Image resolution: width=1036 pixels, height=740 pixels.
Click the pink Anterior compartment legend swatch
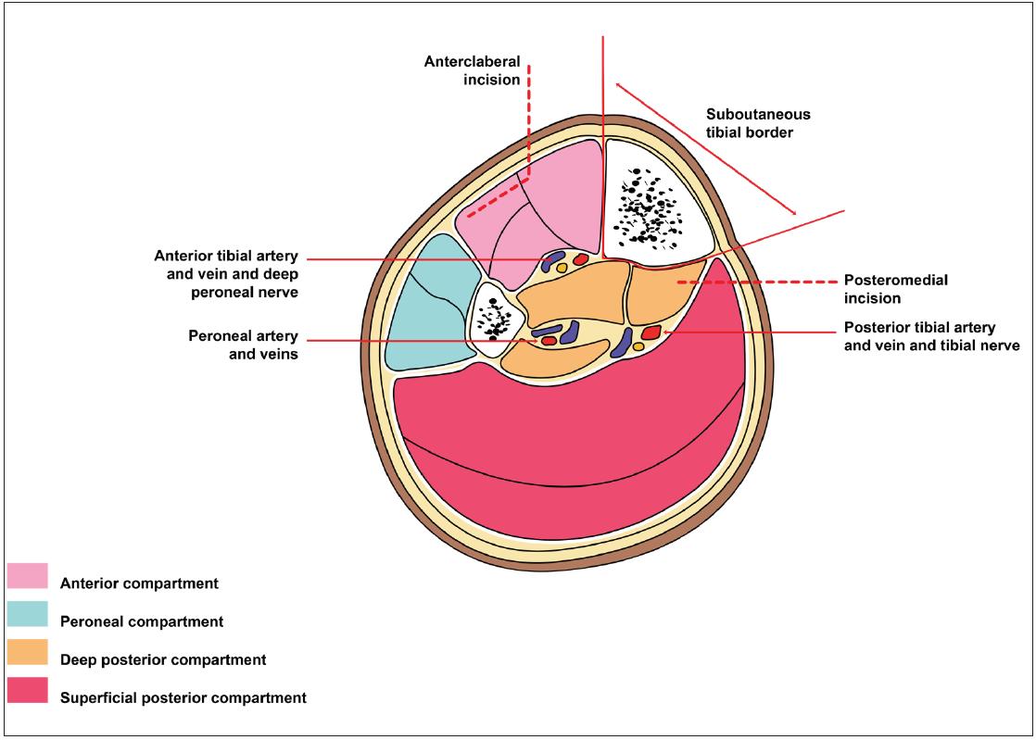[27, 575]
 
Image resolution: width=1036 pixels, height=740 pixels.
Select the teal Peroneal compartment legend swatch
[27, 613]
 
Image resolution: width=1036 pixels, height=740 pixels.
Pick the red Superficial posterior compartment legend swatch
[27, 690]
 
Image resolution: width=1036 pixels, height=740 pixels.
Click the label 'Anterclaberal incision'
[472, 70]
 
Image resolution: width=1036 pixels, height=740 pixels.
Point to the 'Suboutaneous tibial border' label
[758, 123]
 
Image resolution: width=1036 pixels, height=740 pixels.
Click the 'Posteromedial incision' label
[896, 289]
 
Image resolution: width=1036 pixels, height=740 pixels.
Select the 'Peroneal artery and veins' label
[243, 344]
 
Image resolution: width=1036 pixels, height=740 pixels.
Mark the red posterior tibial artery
[651, 332]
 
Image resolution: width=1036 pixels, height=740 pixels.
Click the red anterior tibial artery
[581, 260]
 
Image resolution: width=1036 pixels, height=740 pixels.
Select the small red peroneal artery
[549, 341]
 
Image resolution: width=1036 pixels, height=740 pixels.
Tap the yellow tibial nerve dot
[638, 346]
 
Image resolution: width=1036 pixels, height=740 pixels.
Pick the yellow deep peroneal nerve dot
[562, 268]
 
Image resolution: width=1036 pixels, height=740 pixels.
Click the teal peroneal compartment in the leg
[426, 306]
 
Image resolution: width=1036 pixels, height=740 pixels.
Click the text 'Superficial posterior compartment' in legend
[183, 697]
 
